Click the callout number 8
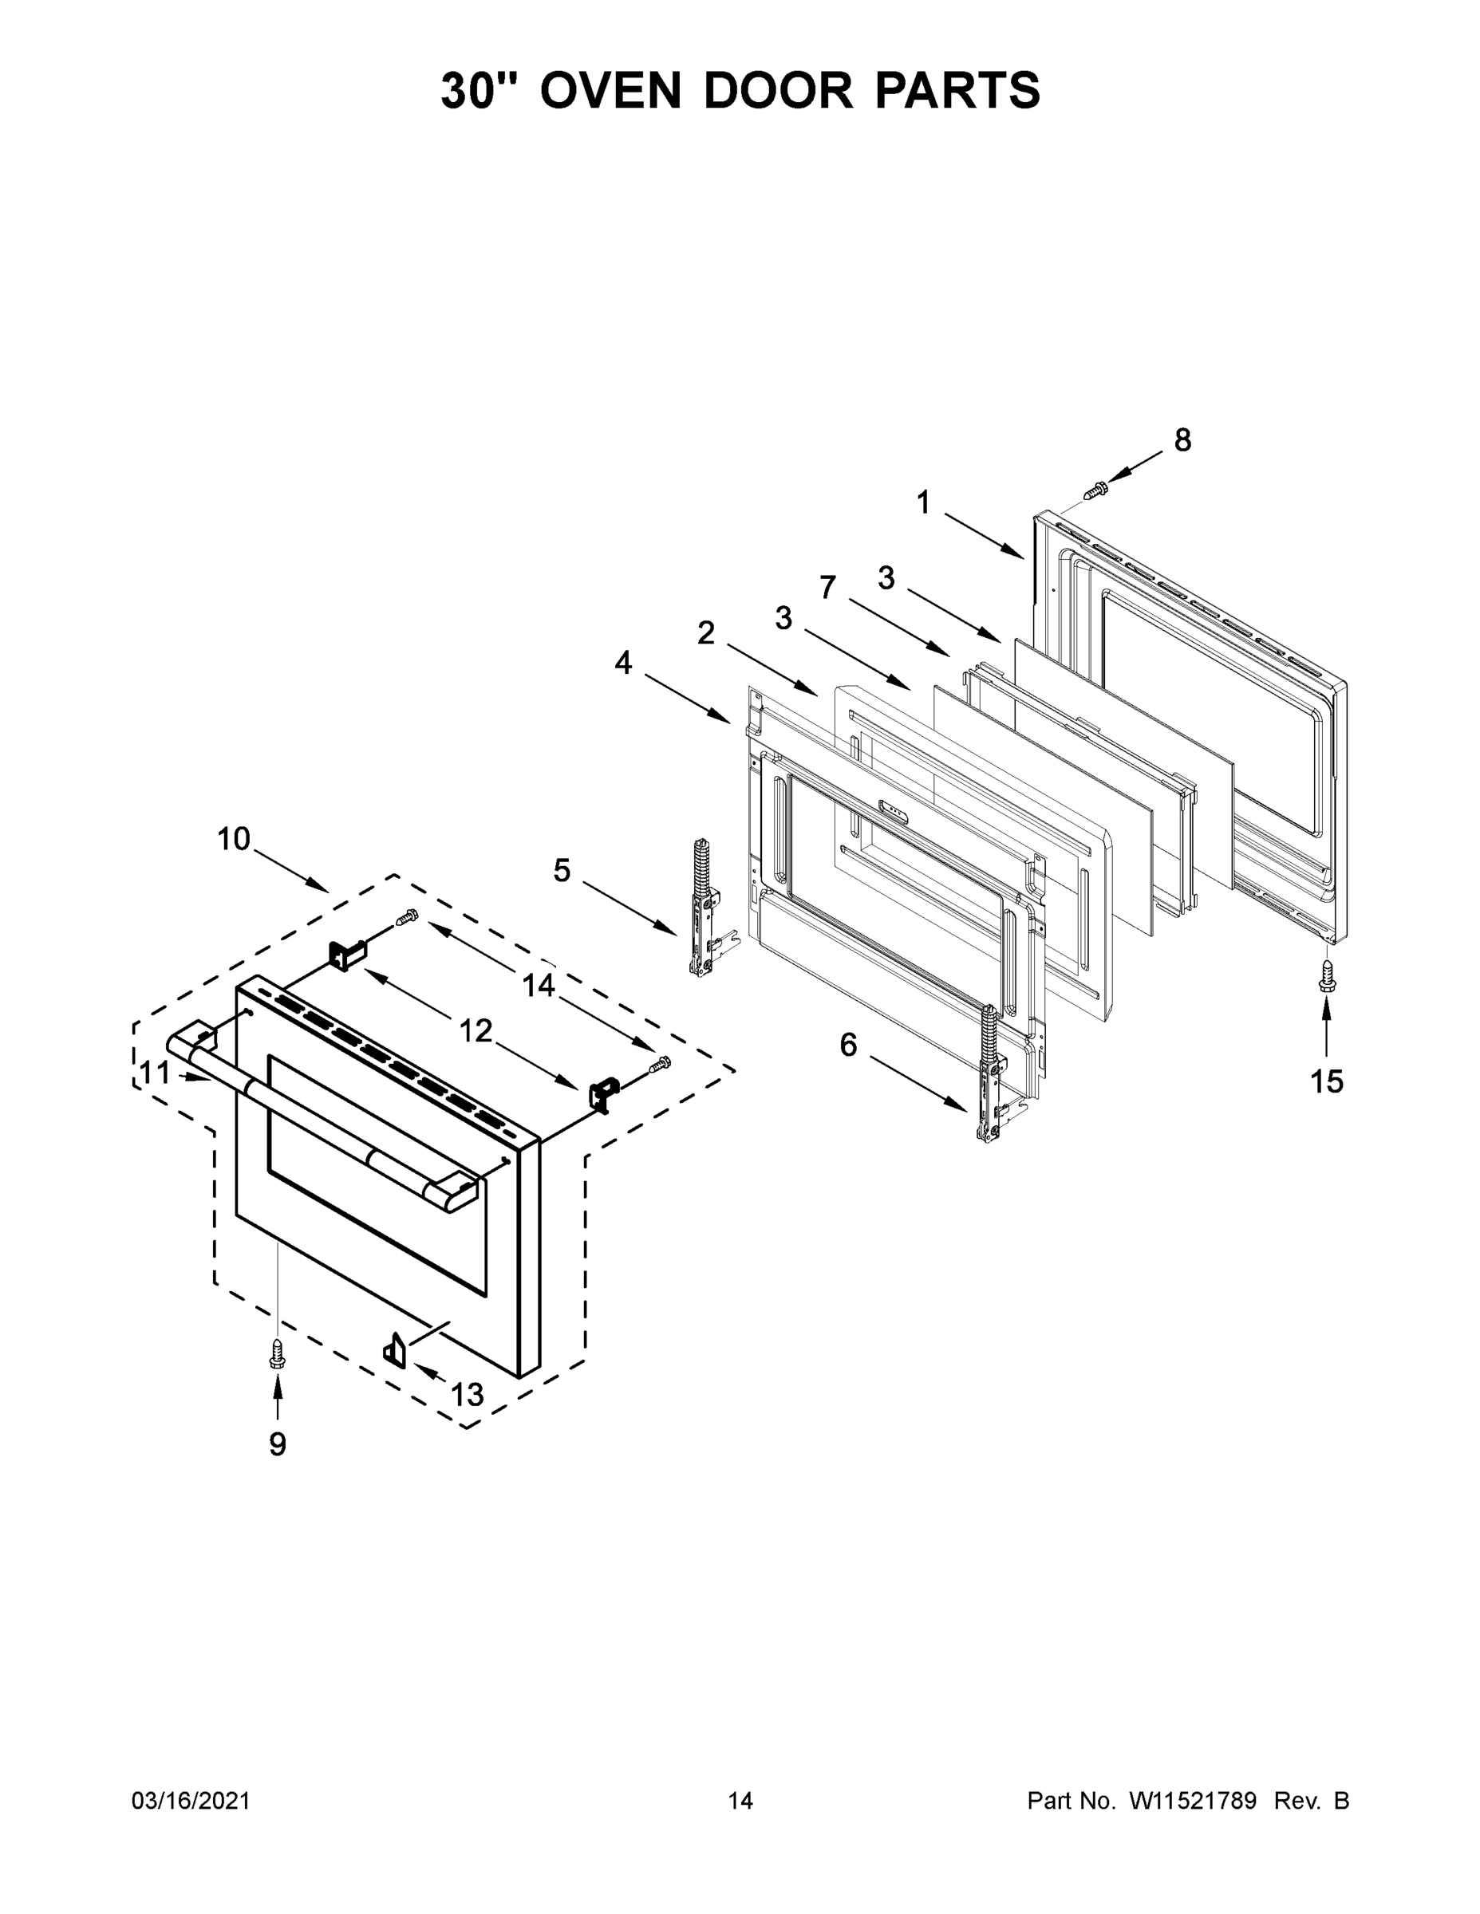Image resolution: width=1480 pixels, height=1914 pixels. click(1182, 440)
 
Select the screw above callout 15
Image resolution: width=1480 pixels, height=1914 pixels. click(1327, 975)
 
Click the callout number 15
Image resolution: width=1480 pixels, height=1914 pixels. click(1327, 1081)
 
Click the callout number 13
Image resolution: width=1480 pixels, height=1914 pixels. click(468, 1393)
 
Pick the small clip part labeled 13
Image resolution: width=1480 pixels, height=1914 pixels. click(395, 1346)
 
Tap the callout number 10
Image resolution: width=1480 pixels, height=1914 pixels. click(234, 839)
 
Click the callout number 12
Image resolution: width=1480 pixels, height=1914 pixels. click(476, 1030)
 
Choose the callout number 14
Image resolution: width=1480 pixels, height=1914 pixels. click(539, 985)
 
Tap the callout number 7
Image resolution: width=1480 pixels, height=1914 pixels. click(827, 587)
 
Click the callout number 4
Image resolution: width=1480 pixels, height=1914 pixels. click(622, 664)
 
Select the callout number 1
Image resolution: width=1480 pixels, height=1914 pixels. click(923, 502)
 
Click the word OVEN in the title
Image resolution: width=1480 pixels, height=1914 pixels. click(610, 90)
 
